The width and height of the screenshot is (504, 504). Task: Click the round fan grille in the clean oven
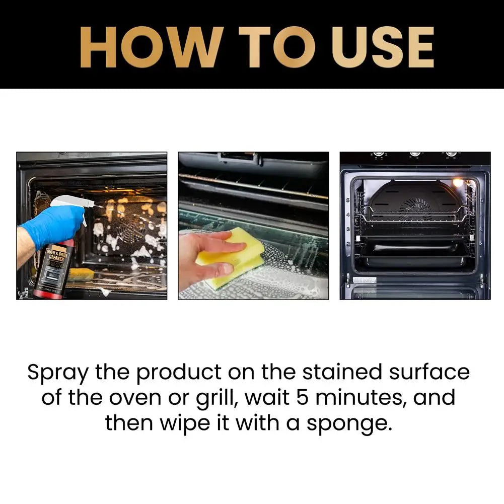pyautogui.click(x=416, y=206)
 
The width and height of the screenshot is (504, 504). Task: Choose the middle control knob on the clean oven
pyautogui.click(x=415, y=155)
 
